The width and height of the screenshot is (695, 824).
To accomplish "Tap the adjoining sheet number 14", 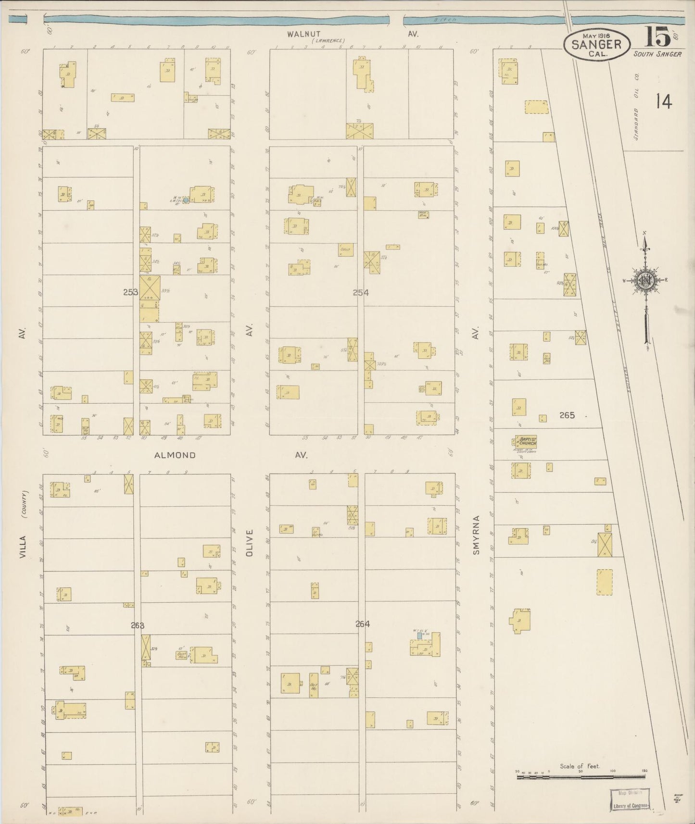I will (663, 102).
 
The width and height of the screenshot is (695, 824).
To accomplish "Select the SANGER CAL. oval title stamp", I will (596, 44).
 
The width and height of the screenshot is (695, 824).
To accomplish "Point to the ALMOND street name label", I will (175, 455).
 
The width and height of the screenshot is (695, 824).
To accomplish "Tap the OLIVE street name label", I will (249, 543).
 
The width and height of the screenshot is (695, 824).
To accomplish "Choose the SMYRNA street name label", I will (476, 535).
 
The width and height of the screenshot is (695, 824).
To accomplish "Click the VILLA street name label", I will (22, 547).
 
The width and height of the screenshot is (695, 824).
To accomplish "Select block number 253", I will (131, 292).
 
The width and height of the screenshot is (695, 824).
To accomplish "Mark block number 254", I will (361, 292).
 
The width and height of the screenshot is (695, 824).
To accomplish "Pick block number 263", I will (137, 625).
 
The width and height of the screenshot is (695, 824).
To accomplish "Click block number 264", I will (363, 624).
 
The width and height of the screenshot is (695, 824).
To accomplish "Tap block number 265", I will (567, 415).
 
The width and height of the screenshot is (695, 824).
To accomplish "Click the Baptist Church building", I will (526, 442).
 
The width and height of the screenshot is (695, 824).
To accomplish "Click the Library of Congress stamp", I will (630, 799).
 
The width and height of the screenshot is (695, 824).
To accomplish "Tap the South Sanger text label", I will (657, 54).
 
